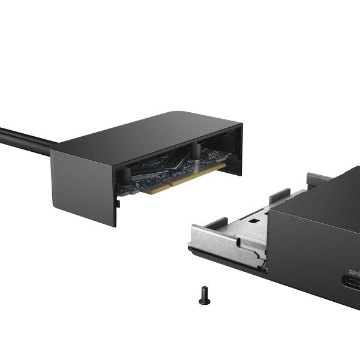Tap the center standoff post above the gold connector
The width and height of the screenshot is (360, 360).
(196, 151)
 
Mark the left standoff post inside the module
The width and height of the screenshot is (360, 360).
(127, 175)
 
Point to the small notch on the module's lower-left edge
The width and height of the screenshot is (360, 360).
(118, 202)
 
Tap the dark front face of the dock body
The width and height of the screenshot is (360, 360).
(312, 258)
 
